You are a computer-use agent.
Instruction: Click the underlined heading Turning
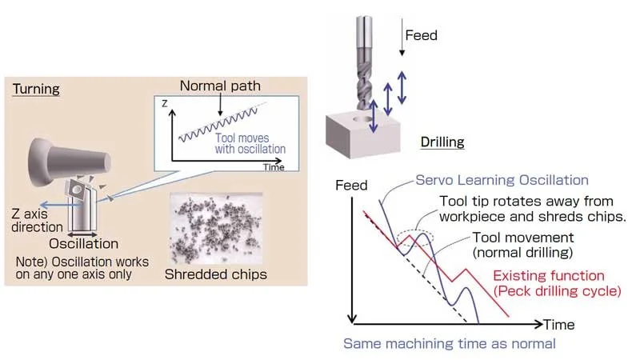point(36,89)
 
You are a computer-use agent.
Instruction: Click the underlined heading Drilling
point(442,142)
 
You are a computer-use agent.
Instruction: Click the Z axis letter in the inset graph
point(164,103)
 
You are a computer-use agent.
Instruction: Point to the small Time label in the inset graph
point(274,169)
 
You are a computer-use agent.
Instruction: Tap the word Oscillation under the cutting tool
point(84,242)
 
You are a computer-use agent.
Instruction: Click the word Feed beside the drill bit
point(421,36)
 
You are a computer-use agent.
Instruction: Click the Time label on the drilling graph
point(559,326)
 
